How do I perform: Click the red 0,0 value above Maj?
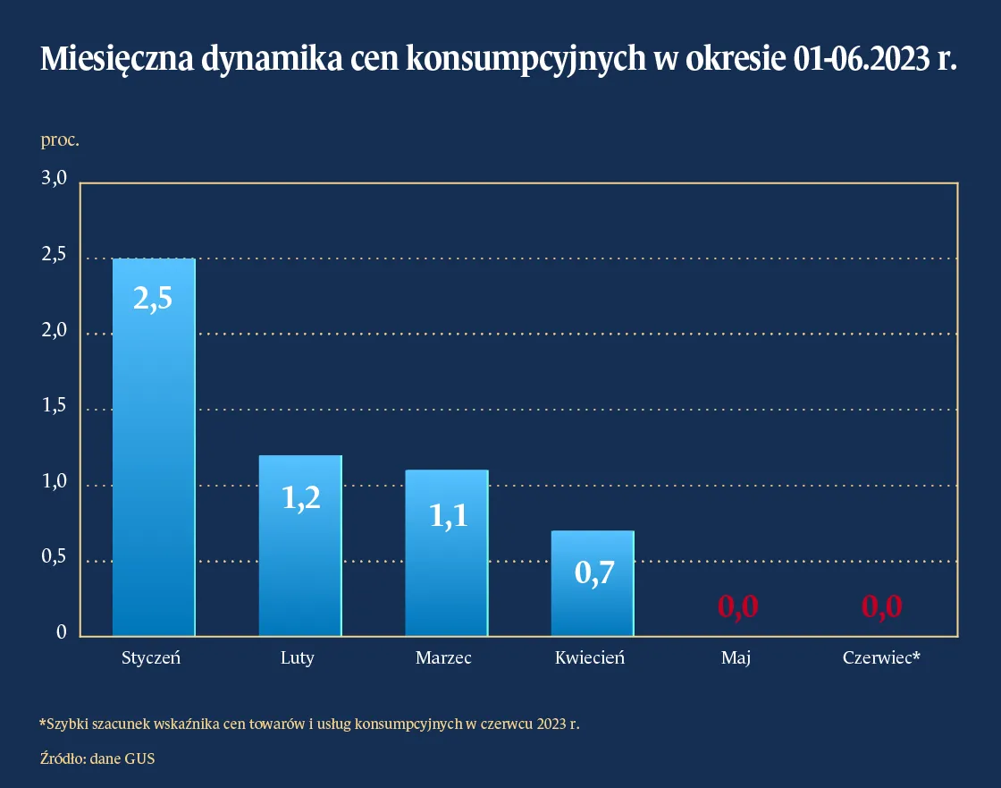pyautogui.click(x=738, y=606)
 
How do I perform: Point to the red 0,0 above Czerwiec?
pyautogui.click(x=881, y=606)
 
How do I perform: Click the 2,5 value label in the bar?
pyautogui.click(x=153, y=299)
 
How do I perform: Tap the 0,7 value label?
pyautogui.click(x=593, y=572)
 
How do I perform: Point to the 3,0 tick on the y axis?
pyautogui.click(x=55, y=179)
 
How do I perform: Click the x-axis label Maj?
pyautogui.click(x=736, y=658)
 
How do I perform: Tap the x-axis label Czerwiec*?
pyautogui.click(x=881, y=658)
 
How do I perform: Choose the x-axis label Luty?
pyautogui.click(x=298, y=658)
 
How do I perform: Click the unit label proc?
pyautogui.click(x=60, y=140)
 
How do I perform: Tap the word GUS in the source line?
pyautogui.click(x=140, y=758)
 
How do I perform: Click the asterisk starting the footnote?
pyautogui.click(x=42, y=722)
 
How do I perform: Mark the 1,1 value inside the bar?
pyautogui.click(x=448, y=516)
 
